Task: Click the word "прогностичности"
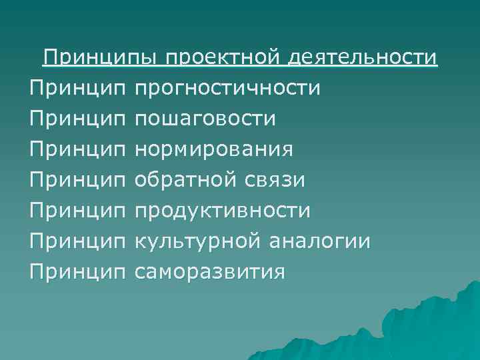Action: (x=227, y=89)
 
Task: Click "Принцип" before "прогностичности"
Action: (x=77, y=89)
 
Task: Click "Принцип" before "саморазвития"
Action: (x=77, y=272)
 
